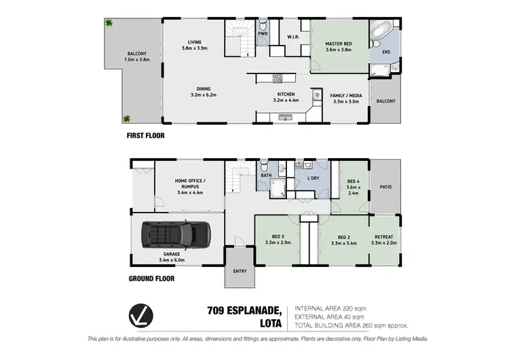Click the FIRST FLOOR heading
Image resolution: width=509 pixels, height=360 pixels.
(x=146, y=135)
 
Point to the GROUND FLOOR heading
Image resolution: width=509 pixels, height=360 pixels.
(x=151, y=278)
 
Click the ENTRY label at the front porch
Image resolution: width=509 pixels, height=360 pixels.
(x=239, y=272)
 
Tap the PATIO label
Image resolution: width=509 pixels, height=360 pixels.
(x=385, y=187)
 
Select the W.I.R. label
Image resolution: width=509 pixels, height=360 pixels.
(x=293, y=37)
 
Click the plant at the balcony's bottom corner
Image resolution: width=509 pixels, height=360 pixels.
(x=126, y=120)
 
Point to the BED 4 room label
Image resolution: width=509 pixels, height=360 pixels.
(x=352, y=181)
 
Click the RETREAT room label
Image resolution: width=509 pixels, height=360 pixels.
(x=383, y=238)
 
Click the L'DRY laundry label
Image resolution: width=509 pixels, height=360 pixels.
(x=313, y=178)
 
